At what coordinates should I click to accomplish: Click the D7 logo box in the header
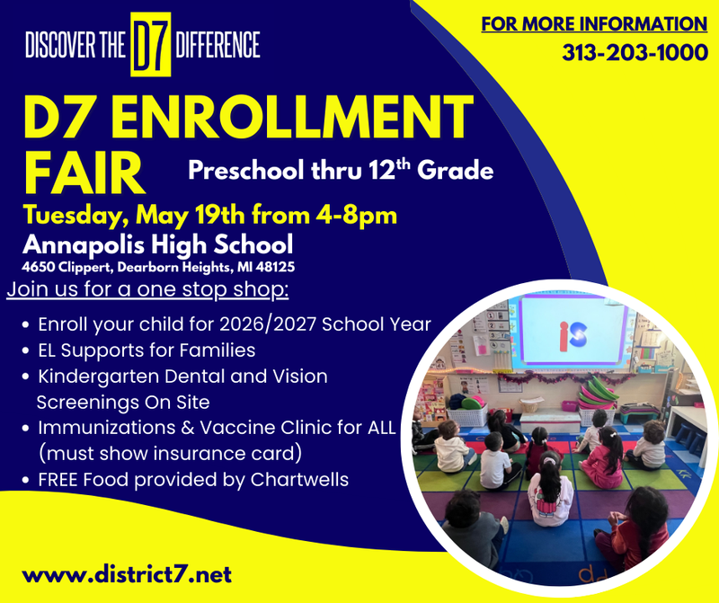[x=151, y=45]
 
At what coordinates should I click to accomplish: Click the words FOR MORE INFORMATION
[x=594, y=24]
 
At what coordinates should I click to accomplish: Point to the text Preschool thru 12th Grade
[x=341, y=169]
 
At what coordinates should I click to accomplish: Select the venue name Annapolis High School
[x=157, y=244]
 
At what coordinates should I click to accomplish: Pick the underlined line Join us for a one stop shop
[x=147, y=290]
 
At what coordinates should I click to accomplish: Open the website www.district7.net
[x=127, y=572]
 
